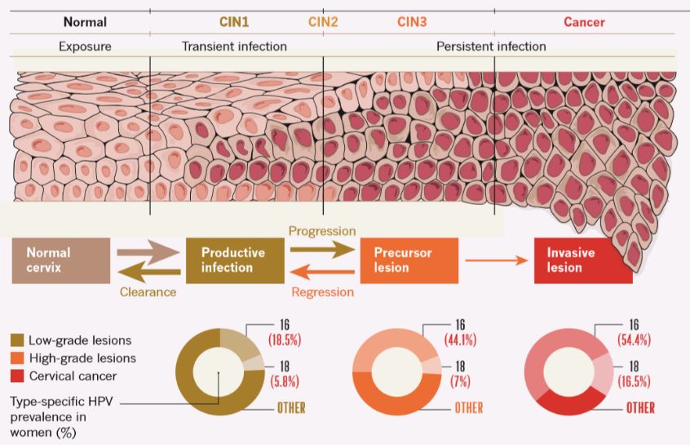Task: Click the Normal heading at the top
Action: (x=85, y=22)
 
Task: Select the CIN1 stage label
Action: (x=236, y=22)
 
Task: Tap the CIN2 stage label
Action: (x=323, y=22)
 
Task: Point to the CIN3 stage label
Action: (x=412, y=22)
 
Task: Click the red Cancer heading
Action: (x=584, y=22)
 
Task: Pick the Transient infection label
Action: (x=234, y=47)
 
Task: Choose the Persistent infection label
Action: (x=491, y=47)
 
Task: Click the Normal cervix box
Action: (x=60, y=260)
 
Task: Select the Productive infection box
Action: (x=235, y=260)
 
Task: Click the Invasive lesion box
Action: (x=583, y=260)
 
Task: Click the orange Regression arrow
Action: (x=322, y=273)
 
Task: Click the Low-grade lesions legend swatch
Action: (x=17, y=340)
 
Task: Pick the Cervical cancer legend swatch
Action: (x=17, y=376)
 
